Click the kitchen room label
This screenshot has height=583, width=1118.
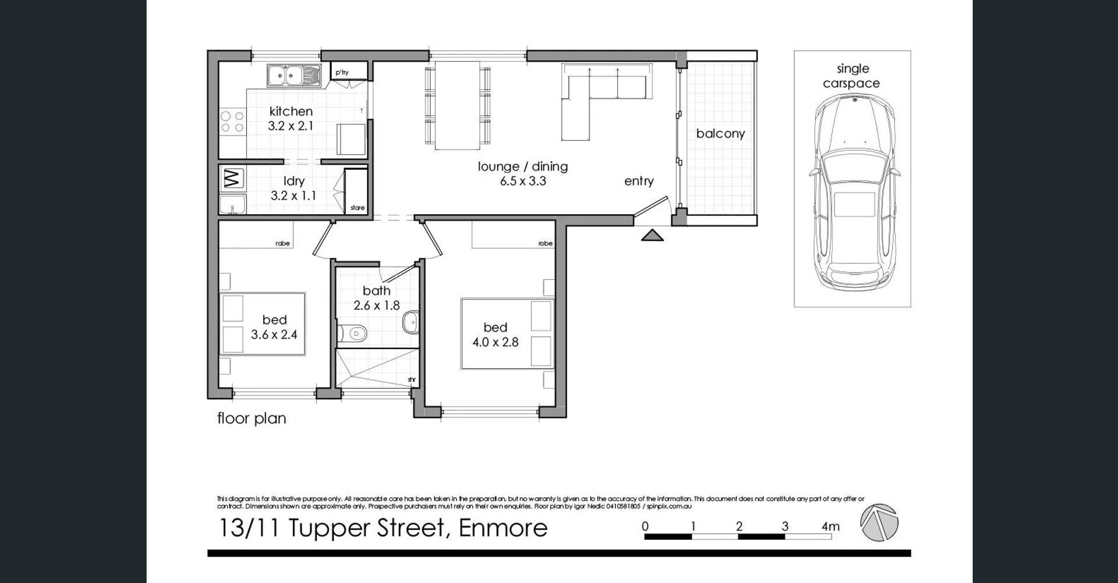coord(291,111)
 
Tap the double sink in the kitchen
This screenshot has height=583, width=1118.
coord(293,76)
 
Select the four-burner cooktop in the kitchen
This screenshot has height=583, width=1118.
coord(232,123)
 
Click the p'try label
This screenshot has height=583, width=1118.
coord(342,72)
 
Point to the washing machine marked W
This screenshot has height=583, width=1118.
coord(232,179)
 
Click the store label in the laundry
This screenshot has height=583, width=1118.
coord(358,208)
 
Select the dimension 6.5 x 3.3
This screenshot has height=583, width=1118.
coord(522,181)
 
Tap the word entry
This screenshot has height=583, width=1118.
coord(639,181)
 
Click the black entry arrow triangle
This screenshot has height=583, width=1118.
coord(652,235)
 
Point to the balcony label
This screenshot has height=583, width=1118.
coord(720,133)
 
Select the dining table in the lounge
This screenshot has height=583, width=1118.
coord(457,105)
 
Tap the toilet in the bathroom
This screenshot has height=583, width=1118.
coord(353,333)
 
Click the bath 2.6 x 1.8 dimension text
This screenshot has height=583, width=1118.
coord(376,305)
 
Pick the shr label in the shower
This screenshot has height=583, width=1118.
coord(412,379)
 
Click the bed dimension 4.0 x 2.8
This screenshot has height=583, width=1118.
coord(495,342)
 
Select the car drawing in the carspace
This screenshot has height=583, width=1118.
coord(853,192)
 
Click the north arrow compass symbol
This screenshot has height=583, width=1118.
coord(879,522)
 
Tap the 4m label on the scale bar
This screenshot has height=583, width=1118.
coord(830,526)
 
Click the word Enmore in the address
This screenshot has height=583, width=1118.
coord(503,528)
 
